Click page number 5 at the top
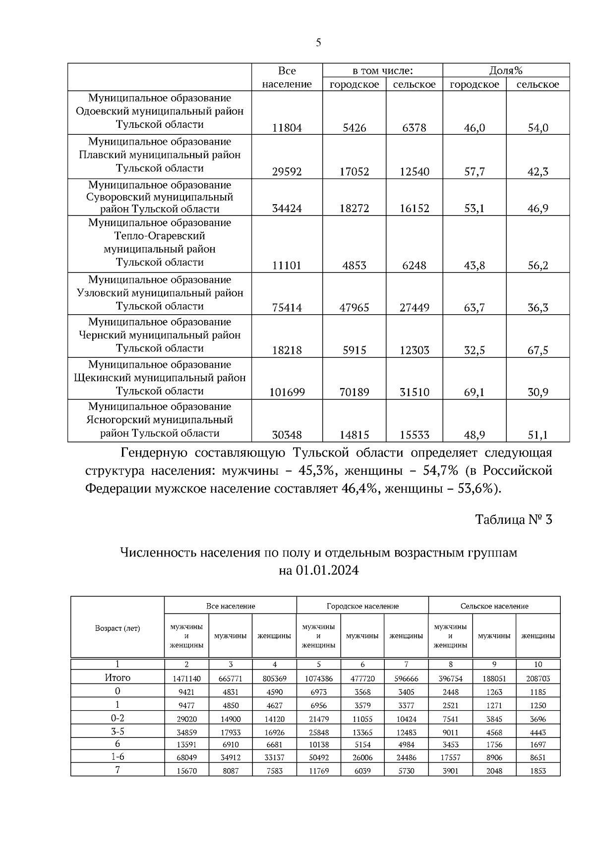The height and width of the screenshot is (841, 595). coord(318,43)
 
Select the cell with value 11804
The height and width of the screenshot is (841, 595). coord(287,128)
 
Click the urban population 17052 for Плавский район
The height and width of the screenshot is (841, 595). coord(354,172)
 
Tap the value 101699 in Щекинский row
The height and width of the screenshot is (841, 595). coord(287,392)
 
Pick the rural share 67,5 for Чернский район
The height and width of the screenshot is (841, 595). coord(537,350)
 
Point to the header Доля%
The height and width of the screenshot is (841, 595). coord(506,70)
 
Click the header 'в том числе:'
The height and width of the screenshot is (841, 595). coord(382,70)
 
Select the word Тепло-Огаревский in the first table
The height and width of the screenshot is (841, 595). coord(160,236)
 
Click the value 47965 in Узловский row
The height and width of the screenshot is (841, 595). coord(354,308)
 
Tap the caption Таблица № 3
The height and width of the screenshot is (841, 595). coord(513,519)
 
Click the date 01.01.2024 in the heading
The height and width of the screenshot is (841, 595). coord(327,570)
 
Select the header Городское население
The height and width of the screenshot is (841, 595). coord(362,606)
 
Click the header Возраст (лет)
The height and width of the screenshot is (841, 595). coord(118,628)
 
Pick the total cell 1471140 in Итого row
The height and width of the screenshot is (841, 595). coord(186,678)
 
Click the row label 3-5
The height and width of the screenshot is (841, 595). coord(118,731)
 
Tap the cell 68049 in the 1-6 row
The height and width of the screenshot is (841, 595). coord(186,758)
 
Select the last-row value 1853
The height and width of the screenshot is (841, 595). coord(537,771)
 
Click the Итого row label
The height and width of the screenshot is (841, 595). coord(118,677)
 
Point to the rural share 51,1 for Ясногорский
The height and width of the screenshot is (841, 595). coord(537,436)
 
